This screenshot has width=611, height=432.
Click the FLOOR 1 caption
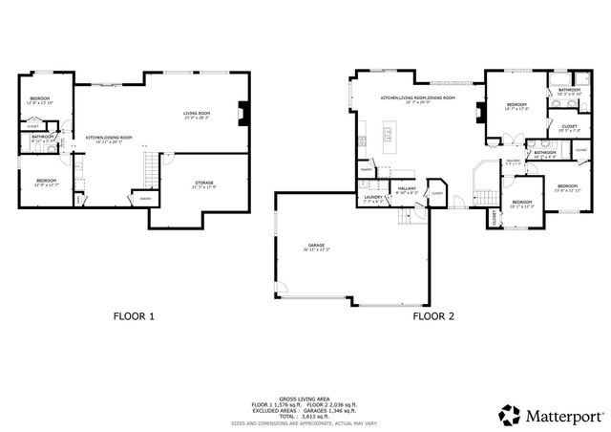click(134, 315)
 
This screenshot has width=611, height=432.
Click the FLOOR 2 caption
click(432, 315)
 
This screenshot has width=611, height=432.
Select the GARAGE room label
click(316, 247)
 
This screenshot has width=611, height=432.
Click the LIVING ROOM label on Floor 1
click(197, 115)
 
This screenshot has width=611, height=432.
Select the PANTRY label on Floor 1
click(145, 198)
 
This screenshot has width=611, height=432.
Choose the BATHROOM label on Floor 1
click(42, 136)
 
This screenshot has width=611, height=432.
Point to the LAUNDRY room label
click(373, 197)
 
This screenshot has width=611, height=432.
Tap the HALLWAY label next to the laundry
click(407, 189)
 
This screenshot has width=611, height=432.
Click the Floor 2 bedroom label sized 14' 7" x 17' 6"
click(516, 104)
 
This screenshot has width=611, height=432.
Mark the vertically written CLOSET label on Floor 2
click(494, 218)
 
